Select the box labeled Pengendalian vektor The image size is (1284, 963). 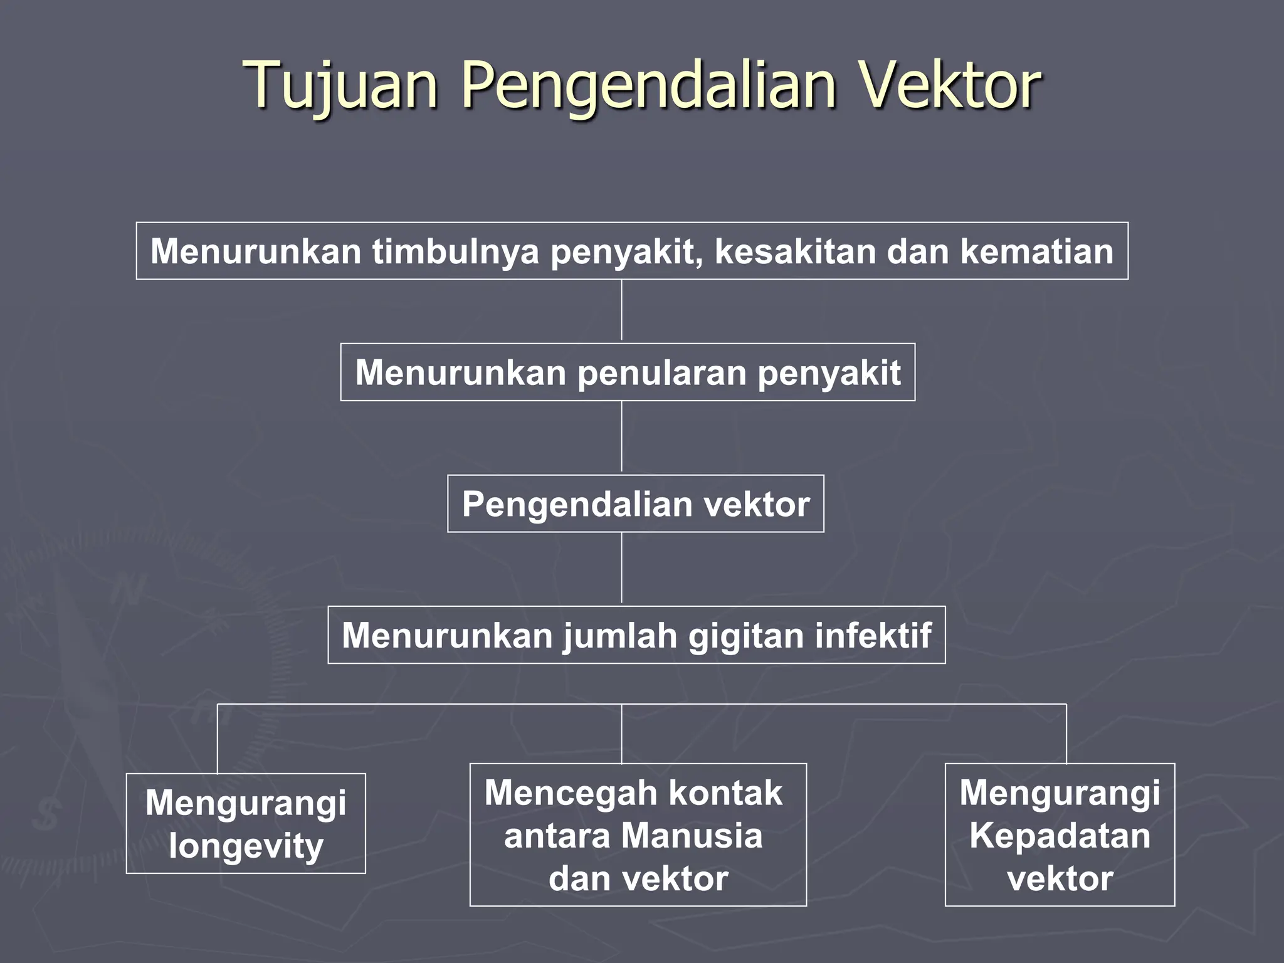tap(635, 504)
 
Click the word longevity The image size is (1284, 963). tap(246, 846)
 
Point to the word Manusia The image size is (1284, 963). tap(692, 836)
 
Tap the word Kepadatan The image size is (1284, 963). tap(1060, 836)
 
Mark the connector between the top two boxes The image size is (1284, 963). tap(621, 311)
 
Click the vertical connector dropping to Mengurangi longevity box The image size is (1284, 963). tap(218, 739)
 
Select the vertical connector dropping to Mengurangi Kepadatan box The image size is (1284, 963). tap(1066, 734)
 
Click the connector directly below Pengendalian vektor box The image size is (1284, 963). tap(621, 568)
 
